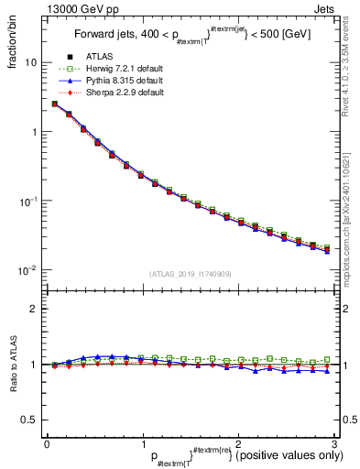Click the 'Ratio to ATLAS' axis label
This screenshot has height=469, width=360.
(x=12, y=365)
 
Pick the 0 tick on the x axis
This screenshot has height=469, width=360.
(x=47, y=444)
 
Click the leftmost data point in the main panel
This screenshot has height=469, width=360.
(x=54, y=104)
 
